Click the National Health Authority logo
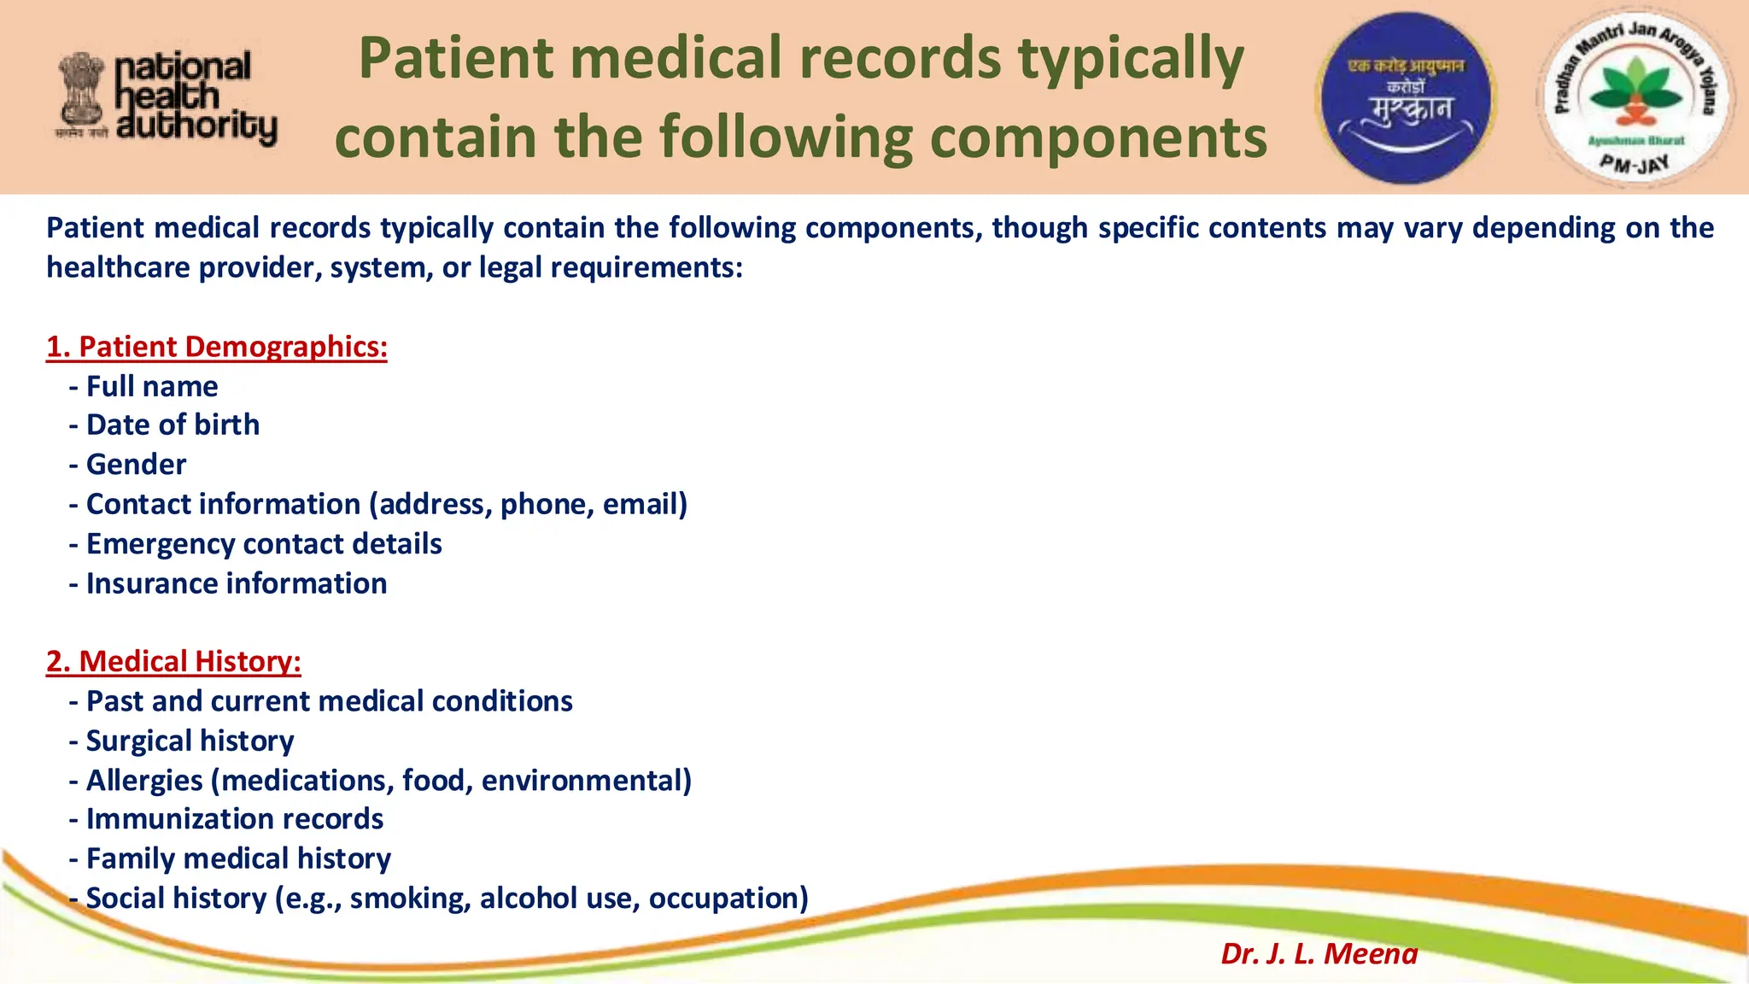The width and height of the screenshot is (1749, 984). coord(167,97)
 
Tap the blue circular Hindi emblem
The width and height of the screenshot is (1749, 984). coord(1406,97)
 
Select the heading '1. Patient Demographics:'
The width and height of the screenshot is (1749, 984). coord(217,347)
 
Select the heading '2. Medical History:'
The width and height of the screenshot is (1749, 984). coord(173,662)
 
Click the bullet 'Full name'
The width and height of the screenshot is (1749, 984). coord(152,387)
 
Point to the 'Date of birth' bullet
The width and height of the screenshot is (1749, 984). coord(173,425)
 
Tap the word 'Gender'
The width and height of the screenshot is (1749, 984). coord(137,465)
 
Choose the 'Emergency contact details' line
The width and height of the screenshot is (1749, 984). coord(264,544)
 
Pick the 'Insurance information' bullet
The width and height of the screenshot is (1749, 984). coord(237,583)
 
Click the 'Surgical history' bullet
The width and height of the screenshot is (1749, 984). coord(190,741)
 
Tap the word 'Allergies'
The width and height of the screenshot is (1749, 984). coord(144,781)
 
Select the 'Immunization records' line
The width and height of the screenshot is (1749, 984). coord(235,819)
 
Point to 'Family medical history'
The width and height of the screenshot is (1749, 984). coord(238,858)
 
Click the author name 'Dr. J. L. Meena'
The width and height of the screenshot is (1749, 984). coord(1319,953)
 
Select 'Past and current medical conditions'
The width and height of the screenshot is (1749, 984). coord(329,701)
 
